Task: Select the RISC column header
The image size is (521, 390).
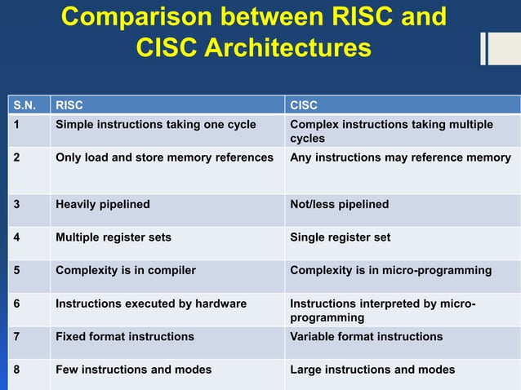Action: [69, 105]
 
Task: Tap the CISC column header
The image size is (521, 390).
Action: [304, 105]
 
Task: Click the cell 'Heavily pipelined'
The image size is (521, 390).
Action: [102, 205]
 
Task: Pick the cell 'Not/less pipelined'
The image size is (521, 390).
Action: [340, 205]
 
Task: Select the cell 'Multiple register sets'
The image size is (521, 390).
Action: [113, 237]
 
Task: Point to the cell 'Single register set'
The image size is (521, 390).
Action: [341, 237]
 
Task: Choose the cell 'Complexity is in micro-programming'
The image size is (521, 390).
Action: [390, 271]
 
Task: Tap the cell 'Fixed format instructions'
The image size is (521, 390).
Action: [124, 337]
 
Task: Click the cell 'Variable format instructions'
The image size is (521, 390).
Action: [367, 337]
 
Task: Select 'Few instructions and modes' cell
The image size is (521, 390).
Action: [133, 370]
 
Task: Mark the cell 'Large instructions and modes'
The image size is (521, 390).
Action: [372, 370]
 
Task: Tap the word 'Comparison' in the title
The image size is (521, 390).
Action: [141, 17]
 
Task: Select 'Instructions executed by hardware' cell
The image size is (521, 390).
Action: [150, 304]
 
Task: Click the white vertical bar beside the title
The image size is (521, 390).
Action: [483, 48]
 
